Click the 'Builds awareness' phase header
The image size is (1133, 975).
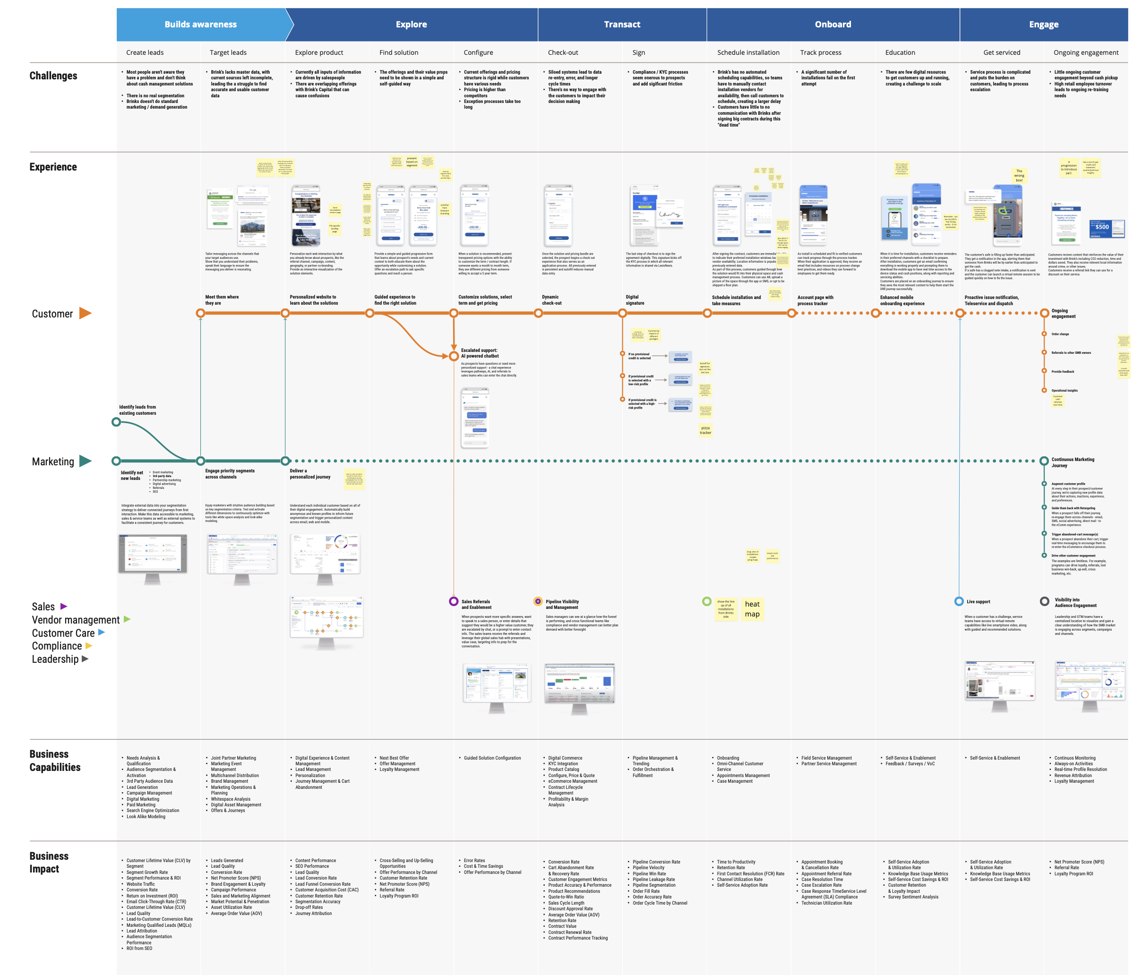[201, 25]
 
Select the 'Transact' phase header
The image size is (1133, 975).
[622, 25]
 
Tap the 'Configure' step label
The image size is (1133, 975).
[478, 52]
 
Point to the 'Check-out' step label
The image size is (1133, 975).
[563, 52]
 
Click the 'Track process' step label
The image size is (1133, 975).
[820, 52]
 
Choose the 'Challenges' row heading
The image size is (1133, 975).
[53, 76]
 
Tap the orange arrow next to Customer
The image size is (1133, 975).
[86, 313]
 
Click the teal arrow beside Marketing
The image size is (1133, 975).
[86, 461]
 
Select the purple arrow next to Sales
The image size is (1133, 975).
[63, 607]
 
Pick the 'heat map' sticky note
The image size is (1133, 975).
[752, 608]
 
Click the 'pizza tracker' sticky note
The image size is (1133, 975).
[705, 430]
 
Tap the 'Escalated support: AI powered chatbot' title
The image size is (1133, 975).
[480, 353]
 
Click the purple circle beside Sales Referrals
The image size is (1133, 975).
[453, 601]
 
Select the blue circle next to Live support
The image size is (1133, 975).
[959, 601]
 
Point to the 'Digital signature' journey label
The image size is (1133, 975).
[635, 299]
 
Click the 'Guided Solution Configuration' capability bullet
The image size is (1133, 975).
[492, 758]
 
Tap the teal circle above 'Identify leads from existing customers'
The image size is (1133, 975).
[116, 422]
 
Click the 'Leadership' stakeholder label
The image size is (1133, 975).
[55, 659]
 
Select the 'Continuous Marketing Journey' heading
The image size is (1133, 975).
[1073, 462]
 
